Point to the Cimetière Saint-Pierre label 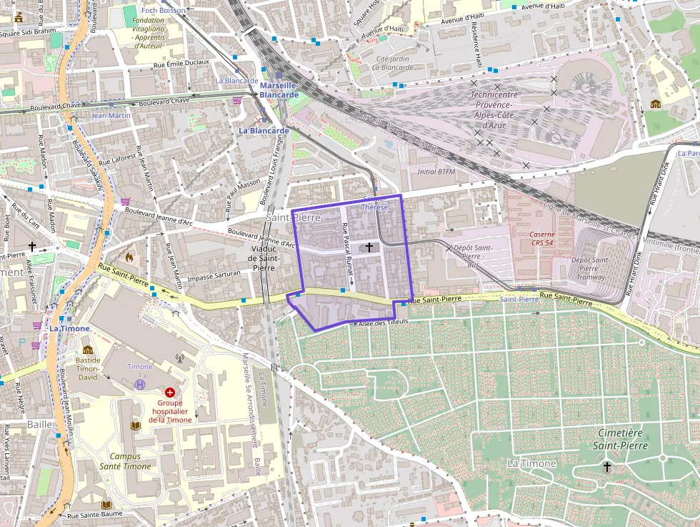[x=620, y=439]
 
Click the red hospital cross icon [x=170, y=393]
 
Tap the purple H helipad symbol [x=141, y=385]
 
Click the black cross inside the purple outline [x=369, y=247]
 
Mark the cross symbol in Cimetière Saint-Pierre [x=607, y=467]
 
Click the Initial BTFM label [x=436, y=172]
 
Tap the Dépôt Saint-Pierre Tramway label [x=590, y=268]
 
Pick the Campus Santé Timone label [x=120, y=461]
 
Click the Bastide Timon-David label [x=88, y=368]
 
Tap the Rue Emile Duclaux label [x=181, y=63]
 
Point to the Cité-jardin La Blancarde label [x=392, y=63]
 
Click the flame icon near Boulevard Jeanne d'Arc [x=129, y=256]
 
